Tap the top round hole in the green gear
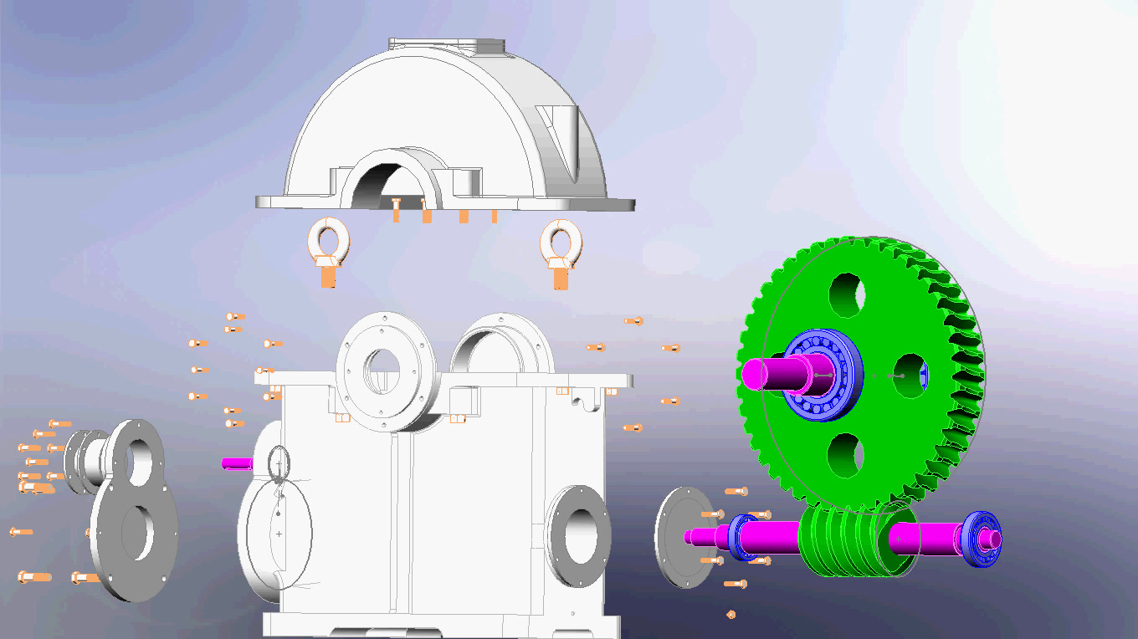(x=847, y=294)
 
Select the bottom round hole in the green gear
(x=846, y=455)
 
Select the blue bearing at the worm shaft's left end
(x=741, y=535)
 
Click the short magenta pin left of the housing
(x=236, y=463)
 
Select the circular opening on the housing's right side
(x=581, y=535)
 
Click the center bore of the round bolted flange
(x=383, y=367)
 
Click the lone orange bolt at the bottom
(x=731, y=615)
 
